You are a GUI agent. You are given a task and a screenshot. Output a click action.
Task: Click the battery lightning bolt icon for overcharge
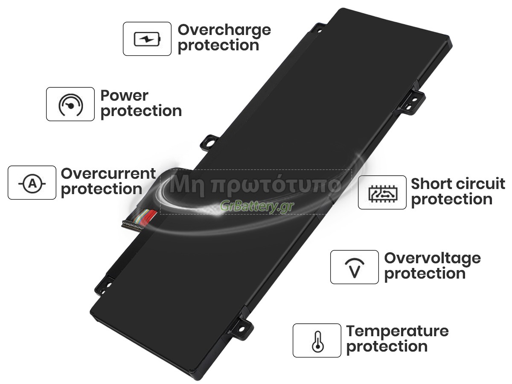147,39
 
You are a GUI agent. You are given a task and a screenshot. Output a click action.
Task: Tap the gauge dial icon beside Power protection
70,105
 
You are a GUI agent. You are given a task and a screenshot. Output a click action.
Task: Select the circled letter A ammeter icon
32,183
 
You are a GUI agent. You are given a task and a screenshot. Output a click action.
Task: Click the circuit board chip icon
383,193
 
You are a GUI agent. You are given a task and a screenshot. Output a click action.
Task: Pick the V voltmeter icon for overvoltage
355,268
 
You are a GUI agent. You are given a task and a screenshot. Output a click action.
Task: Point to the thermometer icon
317,342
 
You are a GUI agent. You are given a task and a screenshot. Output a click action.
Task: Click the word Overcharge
224,31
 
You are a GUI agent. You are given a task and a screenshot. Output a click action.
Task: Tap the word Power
124,96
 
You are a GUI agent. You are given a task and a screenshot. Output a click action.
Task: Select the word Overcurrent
108,174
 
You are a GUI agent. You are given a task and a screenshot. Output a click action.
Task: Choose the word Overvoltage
432,259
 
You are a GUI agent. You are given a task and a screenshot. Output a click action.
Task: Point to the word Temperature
397,332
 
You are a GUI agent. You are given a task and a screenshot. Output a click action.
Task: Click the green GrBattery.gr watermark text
257,206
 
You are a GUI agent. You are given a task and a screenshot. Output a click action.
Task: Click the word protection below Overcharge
218,46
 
